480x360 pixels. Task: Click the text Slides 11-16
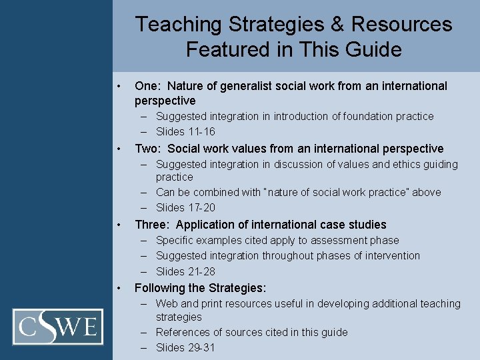(x=185, y=131)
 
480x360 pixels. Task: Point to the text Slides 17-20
(x=185, y=207)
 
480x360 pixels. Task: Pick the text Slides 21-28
(x=185, y=271)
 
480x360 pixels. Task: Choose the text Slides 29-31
(x=185, y=347)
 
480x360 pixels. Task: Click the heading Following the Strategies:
(x=200, y=288)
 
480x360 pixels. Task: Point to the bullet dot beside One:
(x=118, y=86)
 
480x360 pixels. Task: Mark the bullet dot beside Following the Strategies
(x=118, y=288)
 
